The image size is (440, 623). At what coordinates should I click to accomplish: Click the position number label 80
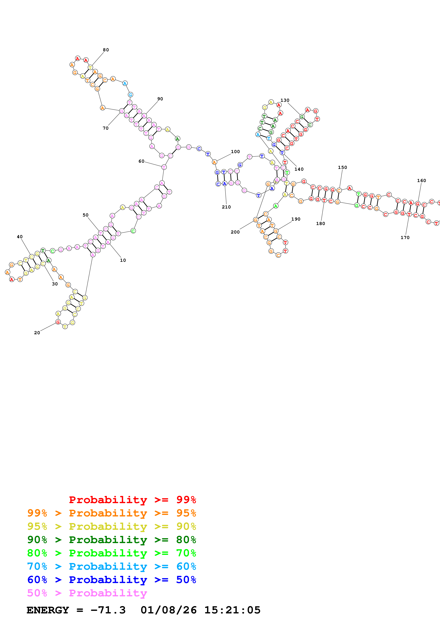coord(106,50)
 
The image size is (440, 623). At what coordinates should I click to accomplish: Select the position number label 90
coord(160,99)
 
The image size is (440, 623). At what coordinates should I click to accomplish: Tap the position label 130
coord(285,100)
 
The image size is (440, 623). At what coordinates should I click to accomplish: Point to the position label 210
coord(226,207)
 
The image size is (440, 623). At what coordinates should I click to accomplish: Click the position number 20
coord(37,333)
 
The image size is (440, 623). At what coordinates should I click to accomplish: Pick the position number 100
coord(235,152)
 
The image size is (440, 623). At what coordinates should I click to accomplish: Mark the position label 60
coord(141,161)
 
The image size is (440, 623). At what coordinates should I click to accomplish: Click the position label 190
coord(296,219)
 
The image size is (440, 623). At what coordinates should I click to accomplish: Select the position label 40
coord(20,237)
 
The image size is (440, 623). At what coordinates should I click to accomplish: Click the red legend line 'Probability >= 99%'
coord(132,500)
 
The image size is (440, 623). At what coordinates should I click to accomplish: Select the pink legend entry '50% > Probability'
coord(87,593)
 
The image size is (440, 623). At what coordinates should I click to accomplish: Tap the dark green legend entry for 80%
coord(111,540)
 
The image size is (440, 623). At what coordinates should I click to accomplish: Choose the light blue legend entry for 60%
coord(111,566)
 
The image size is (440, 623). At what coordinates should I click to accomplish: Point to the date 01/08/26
coord(168,610)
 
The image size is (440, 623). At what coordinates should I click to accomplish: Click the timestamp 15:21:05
coord(232,610)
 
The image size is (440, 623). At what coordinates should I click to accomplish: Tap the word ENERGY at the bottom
coord(48,610)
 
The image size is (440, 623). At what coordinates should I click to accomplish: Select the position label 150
coord(342,167)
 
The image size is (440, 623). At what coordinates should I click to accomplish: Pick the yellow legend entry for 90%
coord(111,526)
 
